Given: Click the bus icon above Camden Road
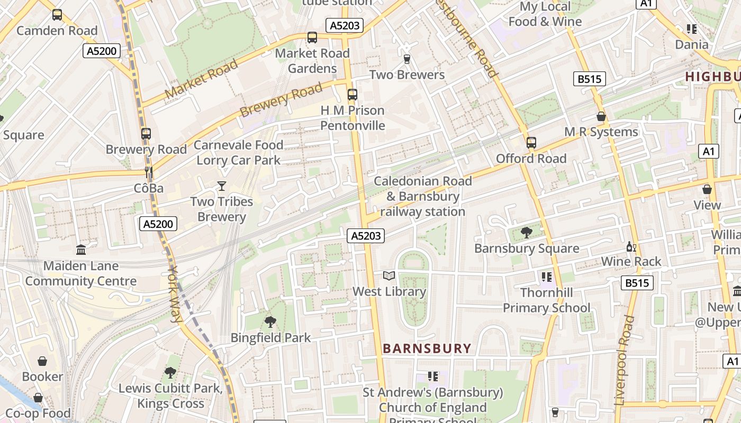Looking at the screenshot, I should tap(57, 15).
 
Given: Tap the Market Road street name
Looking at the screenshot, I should tap(201, 79).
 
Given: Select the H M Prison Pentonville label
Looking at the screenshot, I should tap(353, 118).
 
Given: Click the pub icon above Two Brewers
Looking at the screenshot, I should tap(406, 59).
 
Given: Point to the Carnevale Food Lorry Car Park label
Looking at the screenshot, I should tap(239, 152).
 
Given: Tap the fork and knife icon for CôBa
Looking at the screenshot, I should tap(149, 172).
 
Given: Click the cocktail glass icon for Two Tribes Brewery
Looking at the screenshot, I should tap(221, 186).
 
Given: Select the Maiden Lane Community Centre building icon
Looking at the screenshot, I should tap(81, 250).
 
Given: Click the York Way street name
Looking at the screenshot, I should tap(175, 293).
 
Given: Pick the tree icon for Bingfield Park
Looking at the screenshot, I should tap(270, 321).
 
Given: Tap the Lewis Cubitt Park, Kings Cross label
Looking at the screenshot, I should tap(170, 396).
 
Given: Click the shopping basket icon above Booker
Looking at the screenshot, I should tap(42, 361).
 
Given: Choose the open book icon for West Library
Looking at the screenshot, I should tap(389, 275).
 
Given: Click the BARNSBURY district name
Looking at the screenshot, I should tap(427, 348).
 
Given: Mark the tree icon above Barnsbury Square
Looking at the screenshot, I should tap(527, 233).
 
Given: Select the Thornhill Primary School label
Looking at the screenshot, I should tap(546, 300).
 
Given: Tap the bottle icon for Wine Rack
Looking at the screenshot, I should tap(631, 246).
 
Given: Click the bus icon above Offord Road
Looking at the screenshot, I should tap(531, 143).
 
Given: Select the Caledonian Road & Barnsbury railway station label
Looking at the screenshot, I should tap(422, 197).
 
